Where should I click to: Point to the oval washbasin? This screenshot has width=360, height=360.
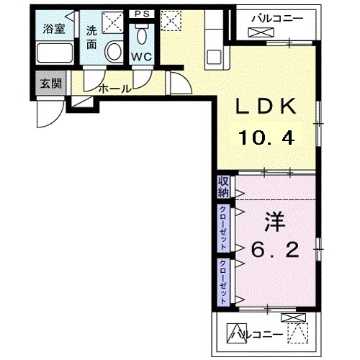(x=113, y=50)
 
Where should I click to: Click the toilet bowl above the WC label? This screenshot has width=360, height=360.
(x=142, y=36)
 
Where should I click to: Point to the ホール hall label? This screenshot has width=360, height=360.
(x=114, y=89)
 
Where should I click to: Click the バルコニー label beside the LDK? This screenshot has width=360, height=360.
(x=277, y=17)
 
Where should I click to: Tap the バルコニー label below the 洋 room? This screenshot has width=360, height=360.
(x=253, y=333)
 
